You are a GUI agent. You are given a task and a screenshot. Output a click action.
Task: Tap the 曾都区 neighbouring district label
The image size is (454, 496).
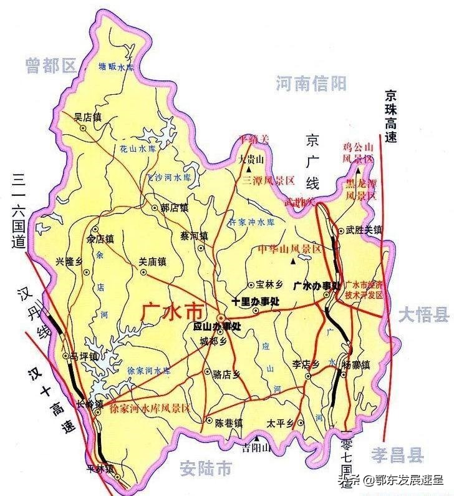[51, 65]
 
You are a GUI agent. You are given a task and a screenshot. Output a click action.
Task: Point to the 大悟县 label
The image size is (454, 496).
[425, 314]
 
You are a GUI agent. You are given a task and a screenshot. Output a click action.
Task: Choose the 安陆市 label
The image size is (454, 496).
[205, 467]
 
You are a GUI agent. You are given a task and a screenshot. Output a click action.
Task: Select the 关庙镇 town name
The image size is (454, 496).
[152, 261]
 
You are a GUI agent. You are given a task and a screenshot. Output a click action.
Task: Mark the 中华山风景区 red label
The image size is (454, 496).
[289, 249]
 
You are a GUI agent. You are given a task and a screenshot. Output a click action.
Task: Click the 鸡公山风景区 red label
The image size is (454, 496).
[359, 153]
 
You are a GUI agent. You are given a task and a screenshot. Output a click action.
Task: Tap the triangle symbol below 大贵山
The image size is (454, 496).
[249, 169]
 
